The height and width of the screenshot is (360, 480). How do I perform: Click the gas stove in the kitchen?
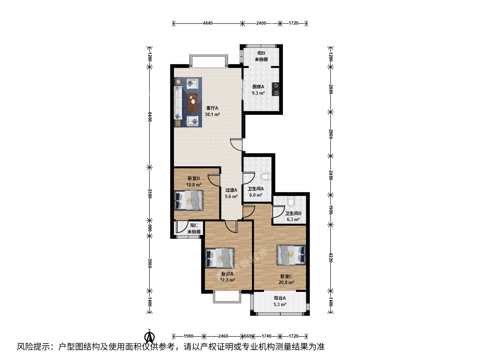pos(276,89)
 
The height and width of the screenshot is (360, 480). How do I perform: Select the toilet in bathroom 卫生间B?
pos(291,201)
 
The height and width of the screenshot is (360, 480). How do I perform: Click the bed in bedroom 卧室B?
pos(189,200)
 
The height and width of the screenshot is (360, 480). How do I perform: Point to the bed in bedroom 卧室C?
pos(291,255)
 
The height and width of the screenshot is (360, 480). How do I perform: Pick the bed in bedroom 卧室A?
pos(220,258)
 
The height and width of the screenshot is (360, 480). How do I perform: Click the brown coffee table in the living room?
pos(193,102)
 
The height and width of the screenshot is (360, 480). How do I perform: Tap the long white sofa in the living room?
pos(178,103)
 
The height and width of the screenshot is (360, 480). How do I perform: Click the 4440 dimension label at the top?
pos(208,23)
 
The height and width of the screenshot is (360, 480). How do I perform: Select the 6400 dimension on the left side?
pos(150,117)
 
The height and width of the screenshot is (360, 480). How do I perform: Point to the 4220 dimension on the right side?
pos(331,258)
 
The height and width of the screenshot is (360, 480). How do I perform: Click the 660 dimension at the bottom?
pos(248,336)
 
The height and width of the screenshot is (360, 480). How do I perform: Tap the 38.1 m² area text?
pos(212,114)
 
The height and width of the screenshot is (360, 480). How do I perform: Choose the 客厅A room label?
pos(212,108)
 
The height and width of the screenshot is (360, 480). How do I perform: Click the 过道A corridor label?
pos(231,190)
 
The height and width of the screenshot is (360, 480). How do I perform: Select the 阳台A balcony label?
pos(280,298)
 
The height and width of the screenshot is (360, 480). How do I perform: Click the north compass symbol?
pos(150,337)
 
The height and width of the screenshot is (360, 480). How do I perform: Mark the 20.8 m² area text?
pos(286,282)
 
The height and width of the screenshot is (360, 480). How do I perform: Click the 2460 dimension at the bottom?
pos(223,336)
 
